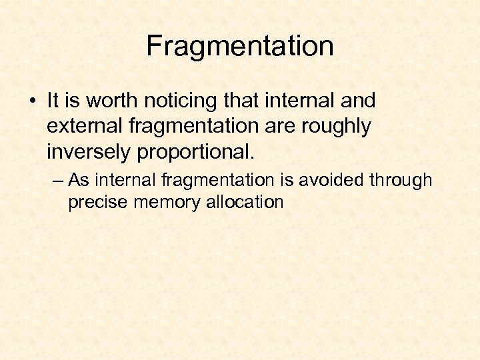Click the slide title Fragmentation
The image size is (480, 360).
click(240, 47)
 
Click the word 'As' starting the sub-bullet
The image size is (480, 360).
click(79, 180)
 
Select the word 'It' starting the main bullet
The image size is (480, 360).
click(53, 101)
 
